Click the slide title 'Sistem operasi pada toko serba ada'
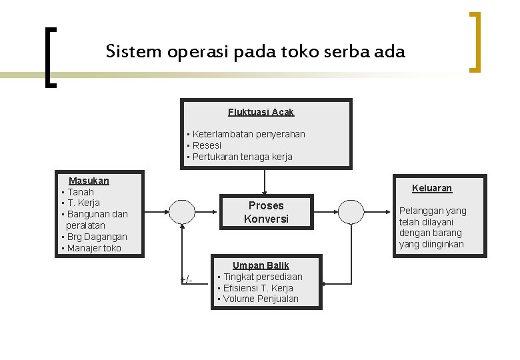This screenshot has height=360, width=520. point(255,52)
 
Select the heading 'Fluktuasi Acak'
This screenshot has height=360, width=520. point(261,113)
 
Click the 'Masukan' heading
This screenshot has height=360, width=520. point(89,181)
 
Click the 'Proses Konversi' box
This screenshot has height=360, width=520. point(266,212)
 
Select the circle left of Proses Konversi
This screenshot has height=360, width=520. point(182,212)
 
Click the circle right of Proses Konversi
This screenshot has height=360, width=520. point(351,212)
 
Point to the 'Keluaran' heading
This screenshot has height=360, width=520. point(432,188)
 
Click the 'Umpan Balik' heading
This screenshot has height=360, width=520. point(261,265)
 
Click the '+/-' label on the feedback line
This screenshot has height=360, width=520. point(187,280)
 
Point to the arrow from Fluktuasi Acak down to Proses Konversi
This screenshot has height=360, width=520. point(264,182)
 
